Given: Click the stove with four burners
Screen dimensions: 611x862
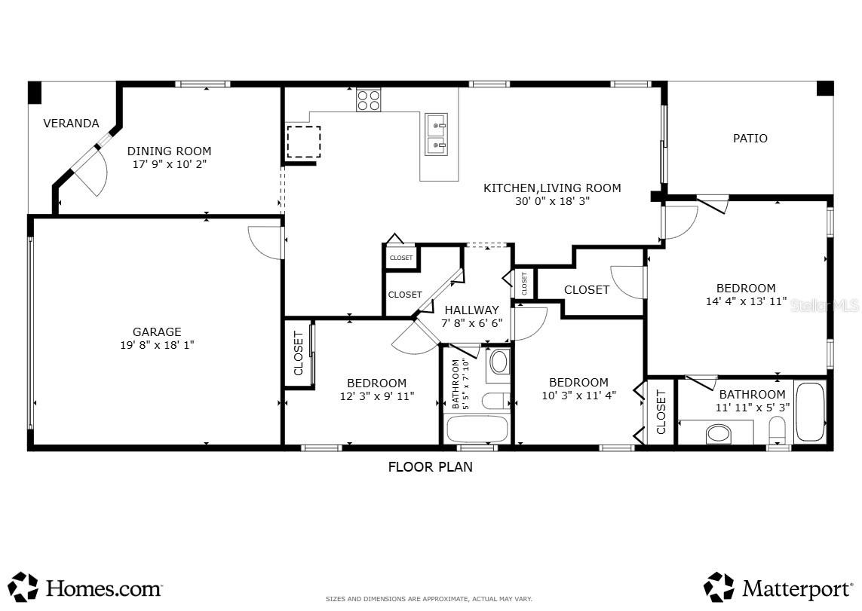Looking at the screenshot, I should tap(369, 100).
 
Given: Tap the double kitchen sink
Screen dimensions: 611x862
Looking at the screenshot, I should tap(436, 133).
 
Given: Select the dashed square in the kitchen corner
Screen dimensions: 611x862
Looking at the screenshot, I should tap(304, 142).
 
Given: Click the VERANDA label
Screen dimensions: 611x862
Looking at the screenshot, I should tap(71, 124).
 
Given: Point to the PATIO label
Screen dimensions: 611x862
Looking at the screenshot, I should tap(750, 139).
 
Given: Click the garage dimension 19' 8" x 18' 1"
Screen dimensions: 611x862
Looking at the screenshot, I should tap(157, 345).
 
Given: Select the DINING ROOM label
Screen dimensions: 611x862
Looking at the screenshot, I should tap(169, 151).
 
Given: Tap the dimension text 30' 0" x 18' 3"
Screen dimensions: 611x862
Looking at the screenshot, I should tap(552, 201).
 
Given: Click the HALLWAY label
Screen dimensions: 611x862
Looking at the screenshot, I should tap(471, 310).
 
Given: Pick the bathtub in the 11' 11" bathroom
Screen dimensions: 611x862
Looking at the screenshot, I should tap(811, 412).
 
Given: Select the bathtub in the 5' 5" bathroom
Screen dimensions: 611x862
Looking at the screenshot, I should tap(477, 429).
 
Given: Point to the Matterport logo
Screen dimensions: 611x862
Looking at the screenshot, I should tap(780, 587).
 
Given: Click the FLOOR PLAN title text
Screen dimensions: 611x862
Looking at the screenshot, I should tap(430, 467).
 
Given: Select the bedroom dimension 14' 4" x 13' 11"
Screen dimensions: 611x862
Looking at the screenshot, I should tap(745, 301).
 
